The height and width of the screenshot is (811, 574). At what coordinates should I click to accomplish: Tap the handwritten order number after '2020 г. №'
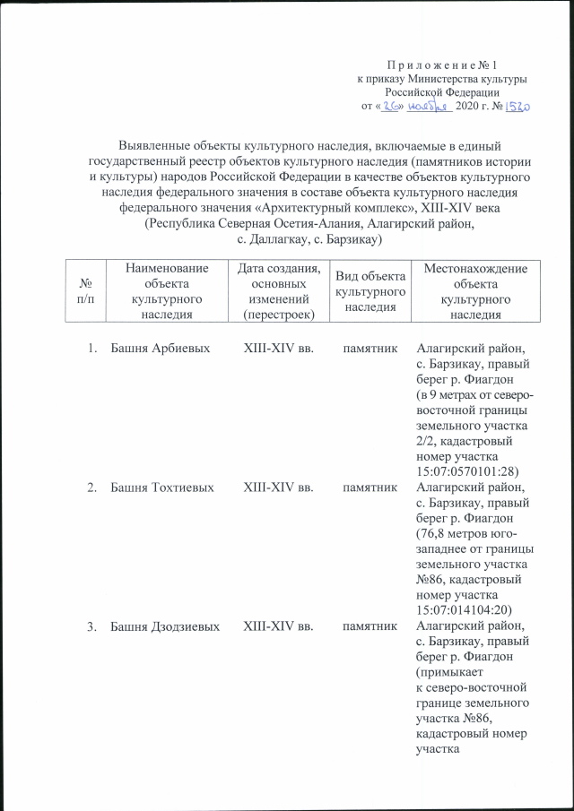[518, 106]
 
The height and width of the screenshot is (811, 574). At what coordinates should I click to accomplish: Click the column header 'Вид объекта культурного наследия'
[370, 287]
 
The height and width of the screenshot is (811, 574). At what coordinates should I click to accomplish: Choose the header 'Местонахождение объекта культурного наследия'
[475, 287]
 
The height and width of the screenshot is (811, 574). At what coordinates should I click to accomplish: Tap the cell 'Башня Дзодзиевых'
[164, 627]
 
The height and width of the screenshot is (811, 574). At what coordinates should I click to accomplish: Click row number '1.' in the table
[92, 348]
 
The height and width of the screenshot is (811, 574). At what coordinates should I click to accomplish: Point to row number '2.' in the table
[92, 487]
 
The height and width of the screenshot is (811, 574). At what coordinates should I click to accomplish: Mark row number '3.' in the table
[92, 627]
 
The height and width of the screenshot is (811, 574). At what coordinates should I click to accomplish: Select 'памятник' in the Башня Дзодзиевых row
[370, 627]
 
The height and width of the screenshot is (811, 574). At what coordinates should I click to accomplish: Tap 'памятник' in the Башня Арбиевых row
[370, 348]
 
